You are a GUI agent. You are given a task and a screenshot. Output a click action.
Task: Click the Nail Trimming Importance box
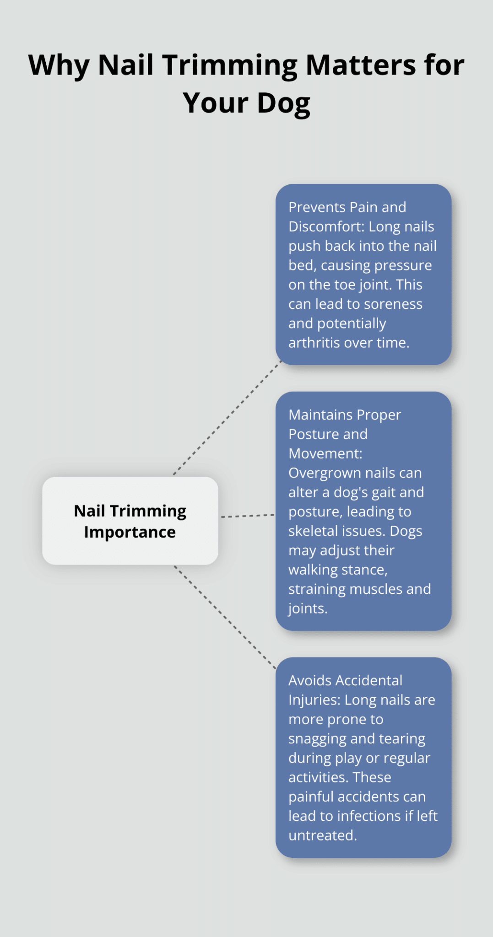[130, 521]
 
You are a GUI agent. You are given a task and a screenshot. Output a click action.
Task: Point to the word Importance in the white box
[130, 533]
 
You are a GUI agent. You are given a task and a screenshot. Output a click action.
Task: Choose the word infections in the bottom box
[369, 816]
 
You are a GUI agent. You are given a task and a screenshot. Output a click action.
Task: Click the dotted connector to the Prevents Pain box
[227, 418]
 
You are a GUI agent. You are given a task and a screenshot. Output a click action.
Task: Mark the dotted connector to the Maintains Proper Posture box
[248, 516]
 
